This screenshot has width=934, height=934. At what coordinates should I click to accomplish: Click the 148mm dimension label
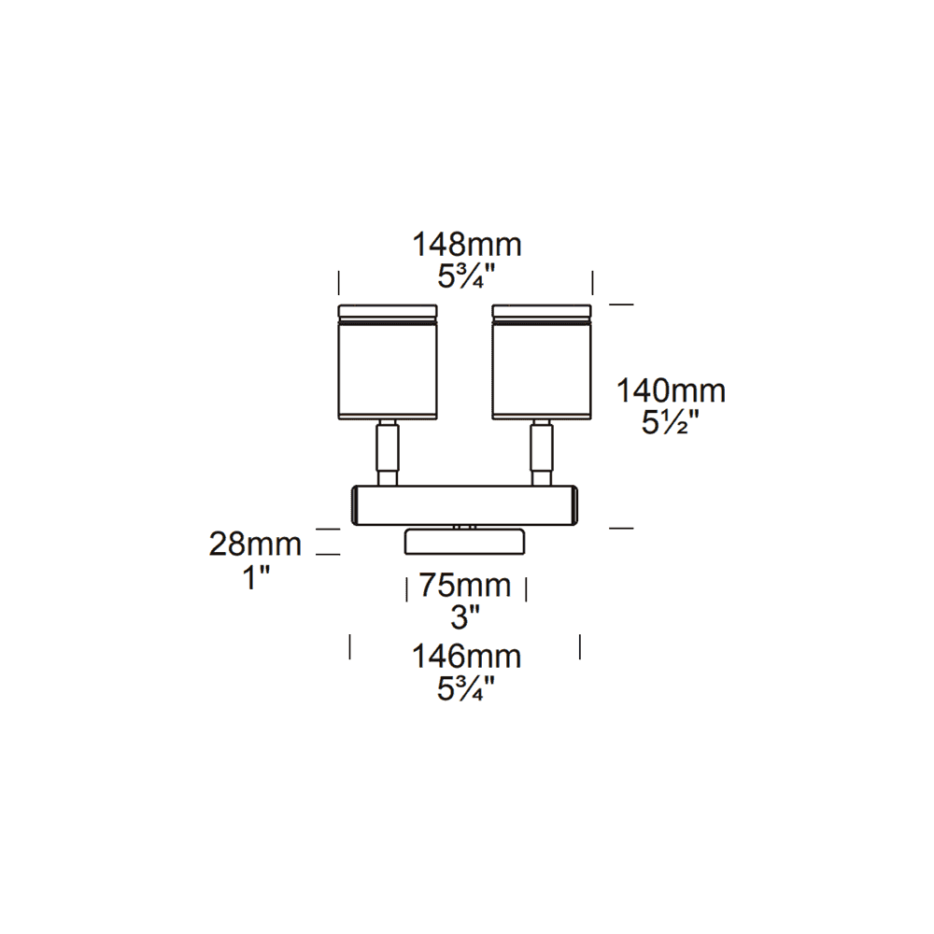[x=467, y=246]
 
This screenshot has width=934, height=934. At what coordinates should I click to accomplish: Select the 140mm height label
[x=670, y=390]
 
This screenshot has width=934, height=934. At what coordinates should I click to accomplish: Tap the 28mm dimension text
[x=256, y=545]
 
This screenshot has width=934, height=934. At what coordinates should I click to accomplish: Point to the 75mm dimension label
[x=465, y=586]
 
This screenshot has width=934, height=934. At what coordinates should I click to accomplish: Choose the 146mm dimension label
[x=467, y=657]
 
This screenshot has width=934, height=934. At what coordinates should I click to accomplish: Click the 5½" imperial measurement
[x=670, y=422]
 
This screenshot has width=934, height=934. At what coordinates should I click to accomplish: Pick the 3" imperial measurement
[x=465, y=616]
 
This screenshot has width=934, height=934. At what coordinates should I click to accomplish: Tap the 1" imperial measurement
[x=256, y=576]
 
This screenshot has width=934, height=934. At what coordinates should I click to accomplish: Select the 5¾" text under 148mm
[x=467, y=276]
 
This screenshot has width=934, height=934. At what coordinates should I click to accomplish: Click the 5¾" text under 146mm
[x=467, y=689]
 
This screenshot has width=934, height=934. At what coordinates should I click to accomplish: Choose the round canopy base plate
[x=465, y=541]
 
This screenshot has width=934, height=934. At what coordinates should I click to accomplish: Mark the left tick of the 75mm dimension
[x=406, y=589]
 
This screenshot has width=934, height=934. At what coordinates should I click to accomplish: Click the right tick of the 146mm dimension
[x=580, y=646]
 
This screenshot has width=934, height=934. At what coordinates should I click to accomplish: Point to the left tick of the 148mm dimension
[x=339, y=282]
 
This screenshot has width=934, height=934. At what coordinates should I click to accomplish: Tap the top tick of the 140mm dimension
[x=621, y=304]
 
